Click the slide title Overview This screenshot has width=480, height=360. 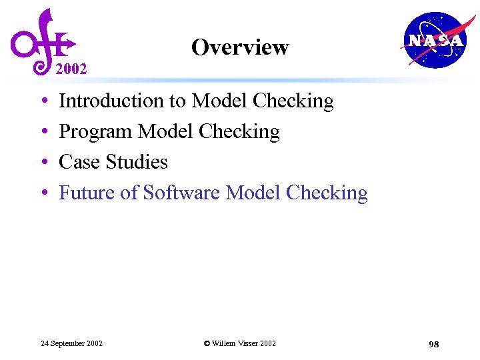tap(240, 47)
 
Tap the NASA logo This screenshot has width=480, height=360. tap(433, 40)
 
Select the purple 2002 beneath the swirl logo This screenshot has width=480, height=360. tap(71, 69)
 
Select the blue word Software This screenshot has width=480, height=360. tap(182, 193)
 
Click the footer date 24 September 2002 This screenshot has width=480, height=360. tap(71, 343)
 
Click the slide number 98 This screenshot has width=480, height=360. tap(433, 344)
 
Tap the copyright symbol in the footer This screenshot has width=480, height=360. tap(207, 343)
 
